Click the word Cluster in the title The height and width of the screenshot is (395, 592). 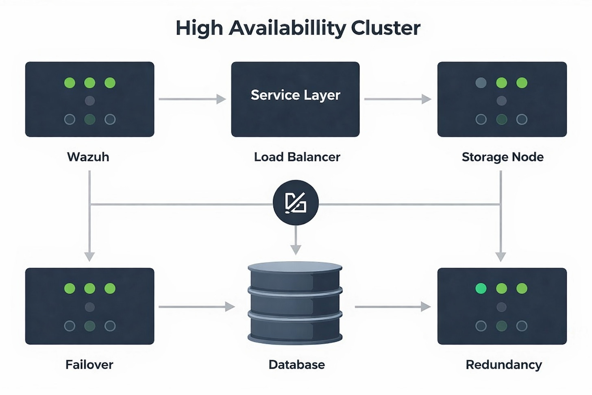tap(385, 28)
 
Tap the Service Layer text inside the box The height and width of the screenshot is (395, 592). tap(295, 95)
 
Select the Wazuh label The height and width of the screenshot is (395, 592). tap(88, 157)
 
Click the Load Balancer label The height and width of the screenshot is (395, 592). tap(297, 157)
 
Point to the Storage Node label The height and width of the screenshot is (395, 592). tap(503, 157)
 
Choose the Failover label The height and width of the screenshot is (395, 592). tap(89, 364)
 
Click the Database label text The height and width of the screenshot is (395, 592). tap(297, 364)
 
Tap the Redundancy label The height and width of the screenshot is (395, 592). tap(504, 364)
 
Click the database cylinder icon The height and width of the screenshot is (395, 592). tap(295, 303)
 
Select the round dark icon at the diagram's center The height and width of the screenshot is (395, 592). tap(296, 203)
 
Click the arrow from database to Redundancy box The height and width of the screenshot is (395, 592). tap(392, 307)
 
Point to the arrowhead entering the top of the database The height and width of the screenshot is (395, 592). tap(296, 249)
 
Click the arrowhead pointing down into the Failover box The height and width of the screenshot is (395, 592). tap(89, 256)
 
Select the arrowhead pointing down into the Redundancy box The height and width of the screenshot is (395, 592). tap(501, 256)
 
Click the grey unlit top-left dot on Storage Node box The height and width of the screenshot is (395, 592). tap(481, 83)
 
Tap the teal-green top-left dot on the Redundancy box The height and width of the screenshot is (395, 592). tap(481, 288)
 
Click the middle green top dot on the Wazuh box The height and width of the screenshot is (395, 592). tap(89, 83)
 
